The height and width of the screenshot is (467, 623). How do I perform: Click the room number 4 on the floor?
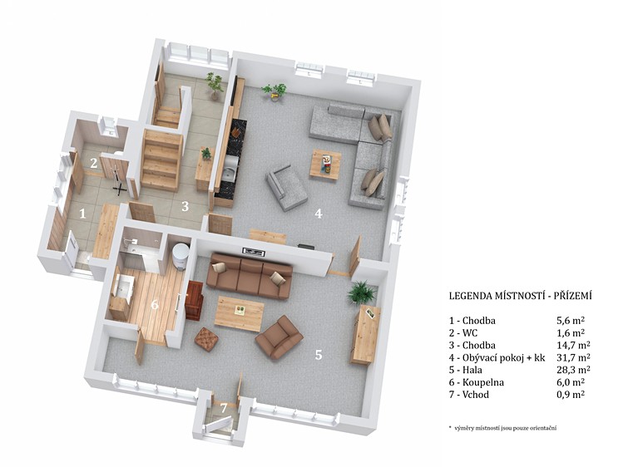319,214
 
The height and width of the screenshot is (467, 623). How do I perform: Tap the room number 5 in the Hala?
319,355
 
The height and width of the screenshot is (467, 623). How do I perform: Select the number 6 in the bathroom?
155,305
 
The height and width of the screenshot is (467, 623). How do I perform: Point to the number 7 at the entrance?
224,407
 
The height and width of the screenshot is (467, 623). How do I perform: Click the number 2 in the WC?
93,163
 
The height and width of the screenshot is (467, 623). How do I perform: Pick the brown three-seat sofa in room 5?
250,277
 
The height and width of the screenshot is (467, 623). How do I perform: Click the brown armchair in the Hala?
279,337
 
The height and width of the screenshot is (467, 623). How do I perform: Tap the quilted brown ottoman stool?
206,339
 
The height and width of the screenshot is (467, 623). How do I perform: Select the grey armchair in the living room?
286,187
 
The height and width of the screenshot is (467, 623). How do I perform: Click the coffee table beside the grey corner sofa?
326,164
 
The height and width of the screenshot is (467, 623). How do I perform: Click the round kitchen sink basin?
229,174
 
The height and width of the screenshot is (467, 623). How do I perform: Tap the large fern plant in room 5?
362,292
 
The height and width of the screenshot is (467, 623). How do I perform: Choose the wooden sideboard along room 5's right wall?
365,334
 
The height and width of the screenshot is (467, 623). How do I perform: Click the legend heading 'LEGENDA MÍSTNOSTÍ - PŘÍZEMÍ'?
521,296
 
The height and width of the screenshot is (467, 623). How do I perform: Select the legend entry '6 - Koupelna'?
477,382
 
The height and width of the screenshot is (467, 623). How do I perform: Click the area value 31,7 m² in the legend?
573,357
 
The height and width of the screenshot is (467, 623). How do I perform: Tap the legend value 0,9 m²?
571,395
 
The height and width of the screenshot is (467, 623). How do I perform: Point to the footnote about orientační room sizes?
502,428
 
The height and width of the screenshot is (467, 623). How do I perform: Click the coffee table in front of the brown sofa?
240,313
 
